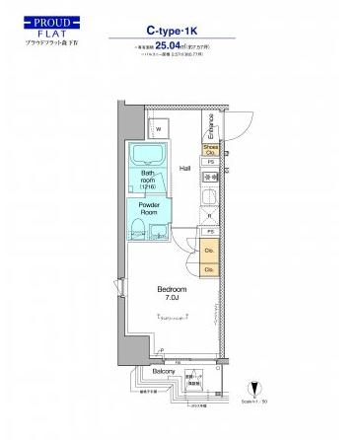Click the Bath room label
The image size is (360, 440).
tap(148, 181)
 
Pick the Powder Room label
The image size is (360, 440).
tap(148, 209)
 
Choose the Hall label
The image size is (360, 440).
tap(184, 169)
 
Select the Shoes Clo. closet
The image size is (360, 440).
tap(210, 149)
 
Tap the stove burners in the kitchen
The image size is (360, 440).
tap(209, 178)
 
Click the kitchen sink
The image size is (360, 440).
tap(209, 198)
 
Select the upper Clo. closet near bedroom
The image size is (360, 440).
tap(209, 251)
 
